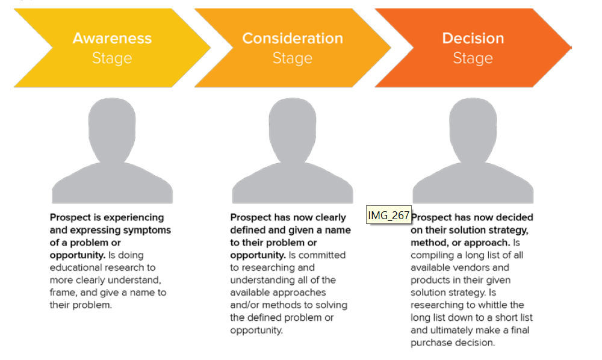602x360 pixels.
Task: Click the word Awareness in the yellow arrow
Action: point(112,39)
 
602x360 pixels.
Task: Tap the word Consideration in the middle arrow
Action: point(293,39)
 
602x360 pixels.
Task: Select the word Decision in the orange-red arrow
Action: point(473,39)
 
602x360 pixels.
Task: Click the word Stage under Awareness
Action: point(112,58)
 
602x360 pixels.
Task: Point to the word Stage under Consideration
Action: point(293,58)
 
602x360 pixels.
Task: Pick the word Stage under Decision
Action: point(473,58)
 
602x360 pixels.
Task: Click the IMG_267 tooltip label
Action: point(388,216)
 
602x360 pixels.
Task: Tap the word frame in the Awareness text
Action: point(63,293)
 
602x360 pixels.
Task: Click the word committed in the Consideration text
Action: point(322,255)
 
